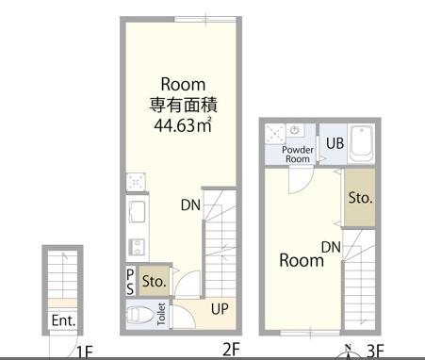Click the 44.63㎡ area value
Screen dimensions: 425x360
pyautogui.click(x=183, y=125)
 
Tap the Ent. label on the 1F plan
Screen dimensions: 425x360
pyautogui.click(x=64, y=320)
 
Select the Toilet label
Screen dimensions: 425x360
pyautogui.click(x=161, y=314)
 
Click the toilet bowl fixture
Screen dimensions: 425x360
pyautogui.click(x=139, y=314)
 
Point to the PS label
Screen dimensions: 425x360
pyautogui.click(x=130, y=282)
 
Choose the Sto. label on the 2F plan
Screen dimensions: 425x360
pyautogui.click(x=154, y=281)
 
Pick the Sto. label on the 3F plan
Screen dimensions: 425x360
pyautogui.click(x=360, y=198)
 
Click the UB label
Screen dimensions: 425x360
pyautogui.click(x=335, y=143)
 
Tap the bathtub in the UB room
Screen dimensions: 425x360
pyautogui.click(x=362, y=143)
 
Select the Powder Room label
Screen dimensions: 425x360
pyautogui.click(x=298, y=155)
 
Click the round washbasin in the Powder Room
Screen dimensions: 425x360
pyautogui.click(x=294, y=130)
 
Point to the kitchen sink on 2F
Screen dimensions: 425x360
pyautogui.click(x=138, y=212)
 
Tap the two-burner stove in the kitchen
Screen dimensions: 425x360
pyautogui.click(x=137, y=247)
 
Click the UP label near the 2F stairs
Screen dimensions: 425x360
pyautogui.click(x=220, y=309)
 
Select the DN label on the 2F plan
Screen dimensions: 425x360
pyautogui.click(x=190, y=205)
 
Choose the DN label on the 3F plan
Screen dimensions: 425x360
pyautogui.click(x=331, y=247)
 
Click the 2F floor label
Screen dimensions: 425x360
pyautogui.click(x=231, y=350)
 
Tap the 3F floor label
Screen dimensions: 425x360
pyautogui.click(x=375, y=352)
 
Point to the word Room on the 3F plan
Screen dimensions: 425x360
pyautogui.click(x=302, y=261)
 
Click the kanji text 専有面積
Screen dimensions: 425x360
pyautogui.click(x=183, y=105)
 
